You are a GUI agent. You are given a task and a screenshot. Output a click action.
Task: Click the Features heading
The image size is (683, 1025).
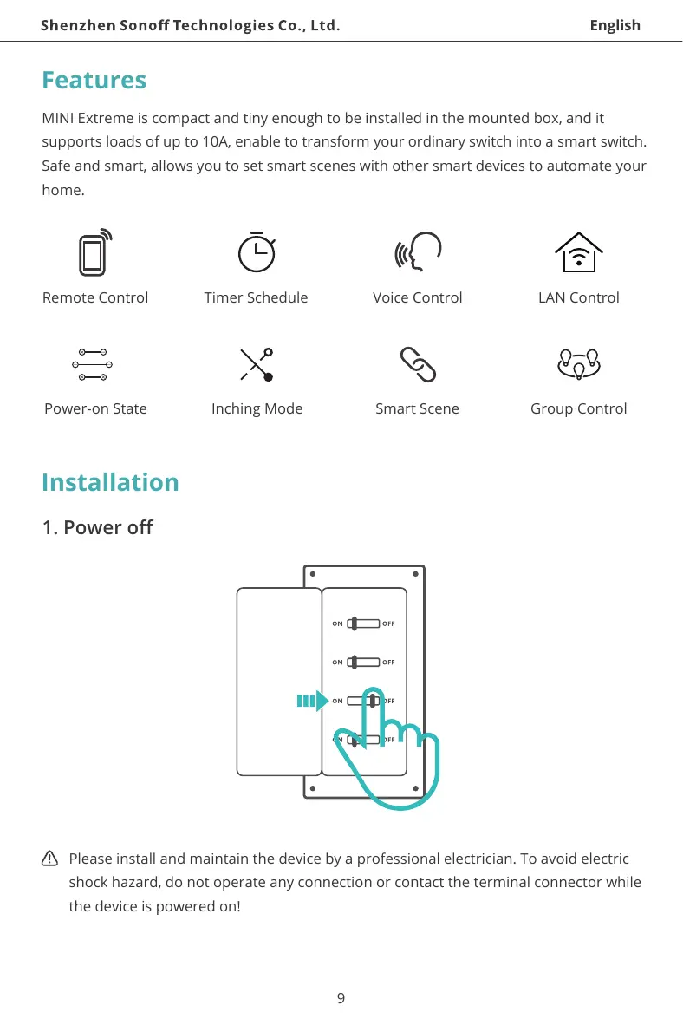[94, 81]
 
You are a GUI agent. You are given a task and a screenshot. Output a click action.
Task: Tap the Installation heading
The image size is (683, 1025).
[110, 482]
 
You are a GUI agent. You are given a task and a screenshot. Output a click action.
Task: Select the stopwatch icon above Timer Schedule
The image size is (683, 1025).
[257, 251]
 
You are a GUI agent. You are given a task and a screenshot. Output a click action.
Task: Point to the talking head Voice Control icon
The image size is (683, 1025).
[418, 252]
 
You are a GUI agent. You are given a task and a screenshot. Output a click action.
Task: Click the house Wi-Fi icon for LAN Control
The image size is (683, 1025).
[578, 252]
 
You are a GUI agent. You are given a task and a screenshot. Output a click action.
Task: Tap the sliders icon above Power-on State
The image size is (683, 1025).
[91, 365]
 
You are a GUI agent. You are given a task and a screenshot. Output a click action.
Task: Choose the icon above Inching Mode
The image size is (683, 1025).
[257, 365]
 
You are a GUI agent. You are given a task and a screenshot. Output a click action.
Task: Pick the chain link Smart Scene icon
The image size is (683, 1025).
[418, 365]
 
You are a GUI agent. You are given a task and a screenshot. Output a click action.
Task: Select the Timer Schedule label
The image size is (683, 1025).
[256, 297]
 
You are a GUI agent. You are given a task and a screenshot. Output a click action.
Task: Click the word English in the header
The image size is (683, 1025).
[615, 25]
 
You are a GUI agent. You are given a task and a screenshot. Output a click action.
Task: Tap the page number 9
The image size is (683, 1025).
[341, 998]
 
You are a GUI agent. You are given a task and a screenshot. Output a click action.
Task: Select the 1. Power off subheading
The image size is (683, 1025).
[97, 527]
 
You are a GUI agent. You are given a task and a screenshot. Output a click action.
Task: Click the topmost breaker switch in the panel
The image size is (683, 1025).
[363, 623]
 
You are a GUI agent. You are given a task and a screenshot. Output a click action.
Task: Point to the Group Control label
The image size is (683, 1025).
[578, 408]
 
